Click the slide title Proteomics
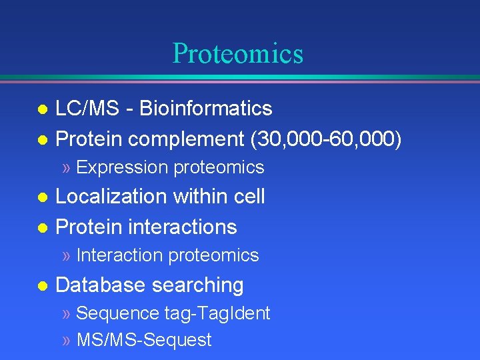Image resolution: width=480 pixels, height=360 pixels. [x=237, y=53]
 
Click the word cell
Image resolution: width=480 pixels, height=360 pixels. [x=247, y=197]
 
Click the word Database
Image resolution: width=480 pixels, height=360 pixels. [x=101, y=285]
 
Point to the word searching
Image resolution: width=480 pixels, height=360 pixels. [x=197, y=285]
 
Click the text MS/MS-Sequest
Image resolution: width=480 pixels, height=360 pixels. [x=144, y=340]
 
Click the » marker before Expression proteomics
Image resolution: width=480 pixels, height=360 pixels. [x=66, y=168]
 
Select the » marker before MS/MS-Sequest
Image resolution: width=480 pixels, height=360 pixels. [x=66, y=341]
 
